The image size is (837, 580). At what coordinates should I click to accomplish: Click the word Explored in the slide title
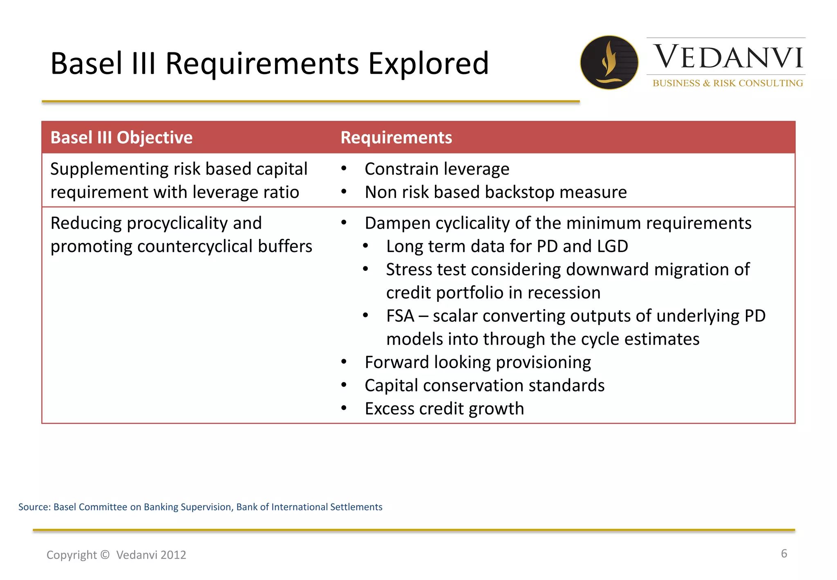428,63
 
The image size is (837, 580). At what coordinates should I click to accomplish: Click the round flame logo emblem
609,62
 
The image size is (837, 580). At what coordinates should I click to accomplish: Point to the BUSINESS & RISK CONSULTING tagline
727,83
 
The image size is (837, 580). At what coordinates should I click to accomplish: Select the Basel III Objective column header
121,137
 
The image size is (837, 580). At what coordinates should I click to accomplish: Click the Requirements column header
396,137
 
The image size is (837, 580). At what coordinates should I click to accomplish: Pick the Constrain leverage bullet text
436,169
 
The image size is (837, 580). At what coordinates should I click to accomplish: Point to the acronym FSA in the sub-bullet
400,316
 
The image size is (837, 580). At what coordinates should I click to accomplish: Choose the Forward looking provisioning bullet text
477,362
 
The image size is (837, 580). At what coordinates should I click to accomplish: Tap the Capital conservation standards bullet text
484,386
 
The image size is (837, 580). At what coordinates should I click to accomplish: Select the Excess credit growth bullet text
444,409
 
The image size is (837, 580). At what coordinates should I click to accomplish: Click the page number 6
783,553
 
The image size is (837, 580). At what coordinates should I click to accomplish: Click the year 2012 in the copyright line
173,555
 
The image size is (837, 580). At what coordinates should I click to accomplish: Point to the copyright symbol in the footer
105,555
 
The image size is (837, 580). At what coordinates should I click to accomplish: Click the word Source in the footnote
34,507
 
